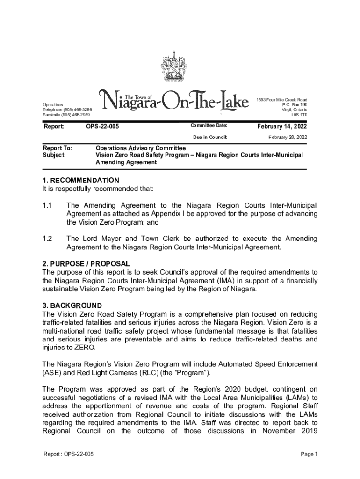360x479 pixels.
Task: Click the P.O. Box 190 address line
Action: [x=295, y=105]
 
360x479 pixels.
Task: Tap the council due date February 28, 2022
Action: [x=288, y=137]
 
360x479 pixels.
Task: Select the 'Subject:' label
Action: [x=54, y=154]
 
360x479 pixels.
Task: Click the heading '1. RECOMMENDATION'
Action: [x=80, y=180]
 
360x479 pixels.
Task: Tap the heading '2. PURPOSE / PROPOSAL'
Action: [x=86, y=264]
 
